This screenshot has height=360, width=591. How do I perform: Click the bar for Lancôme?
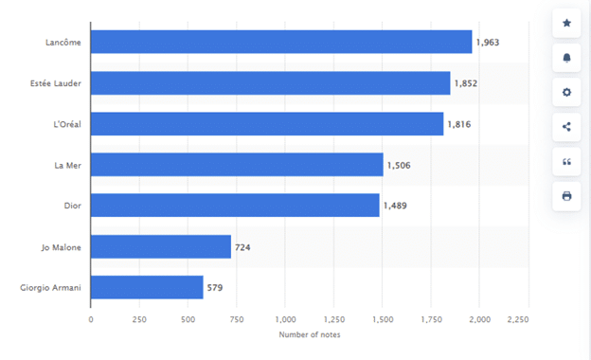[x=281, y=43]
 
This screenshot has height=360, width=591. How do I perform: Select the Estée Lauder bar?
[x=271, y=83]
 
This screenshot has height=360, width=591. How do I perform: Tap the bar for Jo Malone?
[x=161, y=247]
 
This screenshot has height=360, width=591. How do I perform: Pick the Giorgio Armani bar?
[x=147, y=288]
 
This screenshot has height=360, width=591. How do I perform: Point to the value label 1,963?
[x=488, y=43]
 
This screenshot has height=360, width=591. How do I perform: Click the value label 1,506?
[x=399, y=166]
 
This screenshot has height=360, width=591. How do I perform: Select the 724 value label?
[x=242, y=247]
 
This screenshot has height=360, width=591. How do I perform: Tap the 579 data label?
[x=214, y=288]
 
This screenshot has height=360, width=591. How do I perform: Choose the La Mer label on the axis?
[x=68, y=166]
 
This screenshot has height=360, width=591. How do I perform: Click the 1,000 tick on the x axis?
[x=285, y=319]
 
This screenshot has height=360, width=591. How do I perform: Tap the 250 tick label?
[x=139, y=319]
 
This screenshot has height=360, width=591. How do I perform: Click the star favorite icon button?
[x=566, y=23]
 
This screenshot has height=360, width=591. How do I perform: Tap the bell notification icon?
[x=566, y=58]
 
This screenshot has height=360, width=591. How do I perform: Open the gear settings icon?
[x=566, y=92]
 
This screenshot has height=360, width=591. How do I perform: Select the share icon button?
[x=566, y=127]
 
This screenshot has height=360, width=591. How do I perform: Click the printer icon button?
[x=566, y=196]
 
